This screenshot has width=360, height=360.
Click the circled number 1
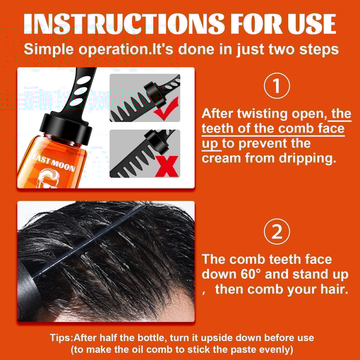point(277,86)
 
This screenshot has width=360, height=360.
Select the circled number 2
point(277,232)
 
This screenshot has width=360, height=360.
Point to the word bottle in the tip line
point(149,337)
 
